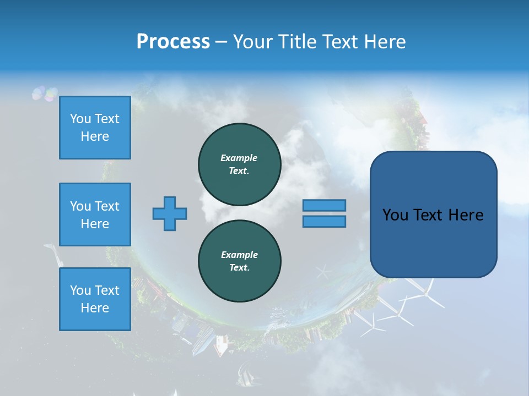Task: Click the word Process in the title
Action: (x=173, y=42)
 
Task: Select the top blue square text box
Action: (x=95, y=128)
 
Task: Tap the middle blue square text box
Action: (x=95, y=215)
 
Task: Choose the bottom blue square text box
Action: (x=95, y=299)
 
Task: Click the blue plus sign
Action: (x=170, y=213)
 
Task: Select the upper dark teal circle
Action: (x=239, y=164)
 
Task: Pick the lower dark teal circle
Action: (x=239, y=261)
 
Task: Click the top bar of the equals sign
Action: (x=324, y=205)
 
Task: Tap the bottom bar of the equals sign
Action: (x=324, y=221)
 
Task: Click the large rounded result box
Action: (x=433, y=215)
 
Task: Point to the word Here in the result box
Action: (x=466, y=215)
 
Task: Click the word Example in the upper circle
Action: (x=239, y=158)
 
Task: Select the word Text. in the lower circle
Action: (x=239, y=268)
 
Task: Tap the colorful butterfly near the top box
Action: (x=44, y=94)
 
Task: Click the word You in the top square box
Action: (x=80, y=119)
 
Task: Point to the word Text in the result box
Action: (x=428, y=215)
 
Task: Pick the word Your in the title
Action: (x=252, y=42)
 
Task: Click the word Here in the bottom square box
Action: (x=95, y=308)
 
